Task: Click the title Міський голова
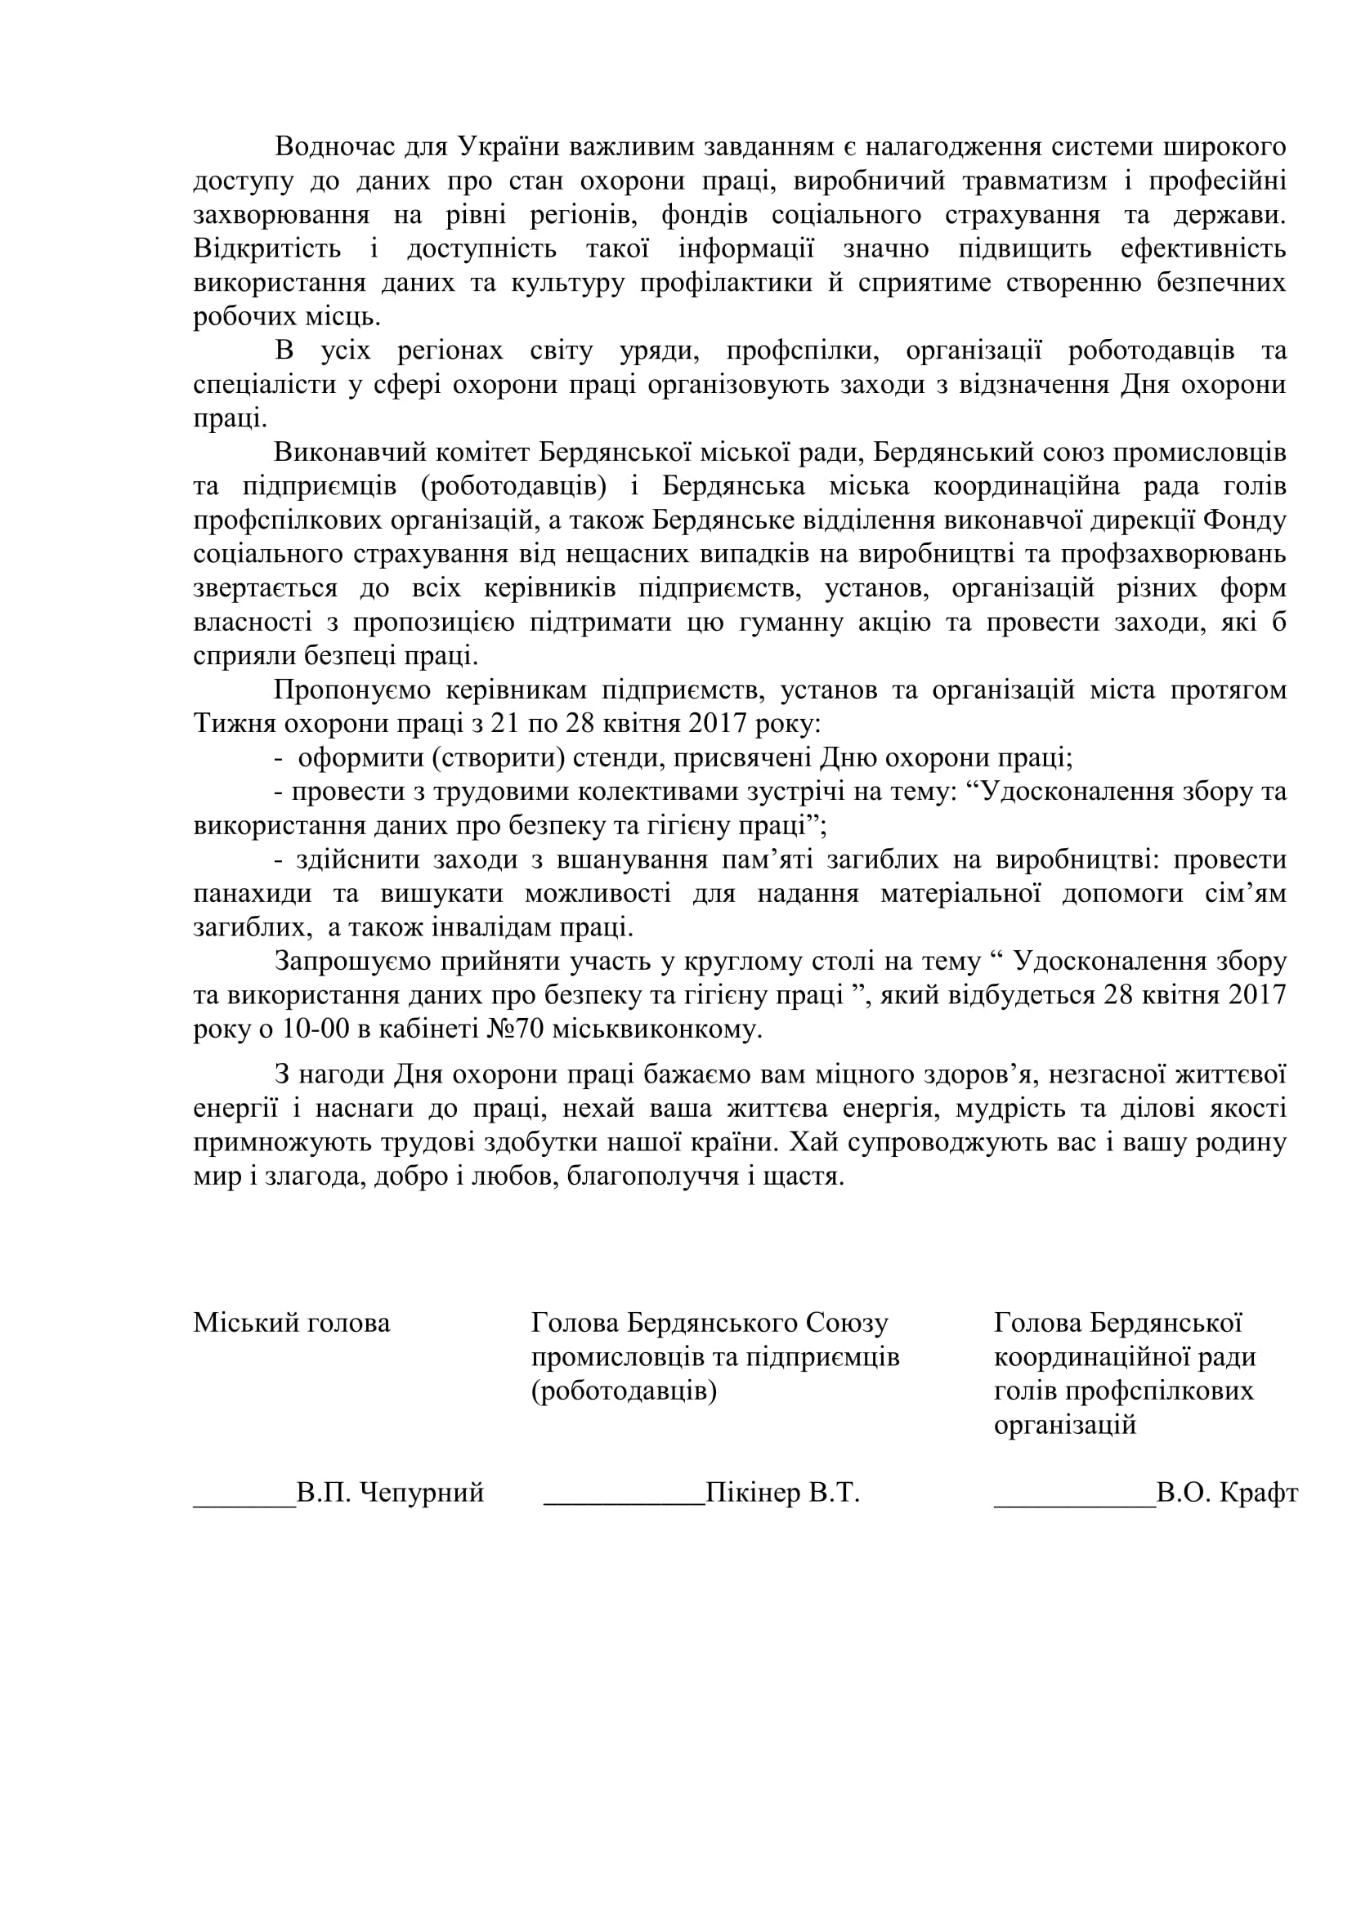pos(291,1324)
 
